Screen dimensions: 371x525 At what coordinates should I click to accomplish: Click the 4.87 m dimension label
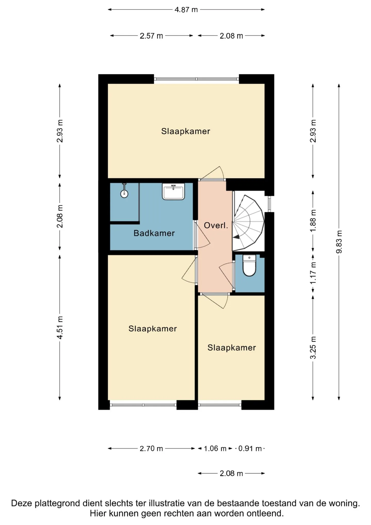pos(186,10)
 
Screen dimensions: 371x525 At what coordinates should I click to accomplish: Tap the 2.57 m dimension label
pos(151,36)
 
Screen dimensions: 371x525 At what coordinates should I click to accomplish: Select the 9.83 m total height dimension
pos(339,242)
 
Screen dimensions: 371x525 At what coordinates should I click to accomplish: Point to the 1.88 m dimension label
pos(313,221)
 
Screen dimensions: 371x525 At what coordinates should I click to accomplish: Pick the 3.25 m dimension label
pos(313,348)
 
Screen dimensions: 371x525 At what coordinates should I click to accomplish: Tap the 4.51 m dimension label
pos(60,327)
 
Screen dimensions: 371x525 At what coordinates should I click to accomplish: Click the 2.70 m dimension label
pos(151,449)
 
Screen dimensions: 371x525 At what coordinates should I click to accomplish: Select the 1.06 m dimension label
pos(215,449)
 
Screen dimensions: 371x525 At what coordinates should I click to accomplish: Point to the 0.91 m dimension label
pos(250,449)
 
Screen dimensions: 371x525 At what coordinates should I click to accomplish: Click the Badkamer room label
pos(154,233)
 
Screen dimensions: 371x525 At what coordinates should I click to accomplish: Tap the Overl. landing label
pos(216,225)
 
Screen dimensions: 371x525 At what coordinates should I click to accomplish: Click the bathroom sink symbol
pos(173,191)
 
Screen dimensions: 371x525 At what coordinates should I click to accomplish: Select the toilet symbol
pos(249,265)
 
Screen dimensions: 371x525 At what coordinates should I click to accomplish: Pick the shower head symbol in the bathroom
pos(124,191)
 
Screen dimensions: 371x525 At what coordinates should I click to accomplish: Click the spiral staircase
pos(248,223)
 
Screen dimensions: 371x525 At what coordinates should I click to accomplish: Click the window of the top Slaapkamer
pos(196,79)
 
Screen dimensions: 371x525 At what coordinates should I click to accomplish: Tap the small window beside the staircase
pos(269,204)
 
